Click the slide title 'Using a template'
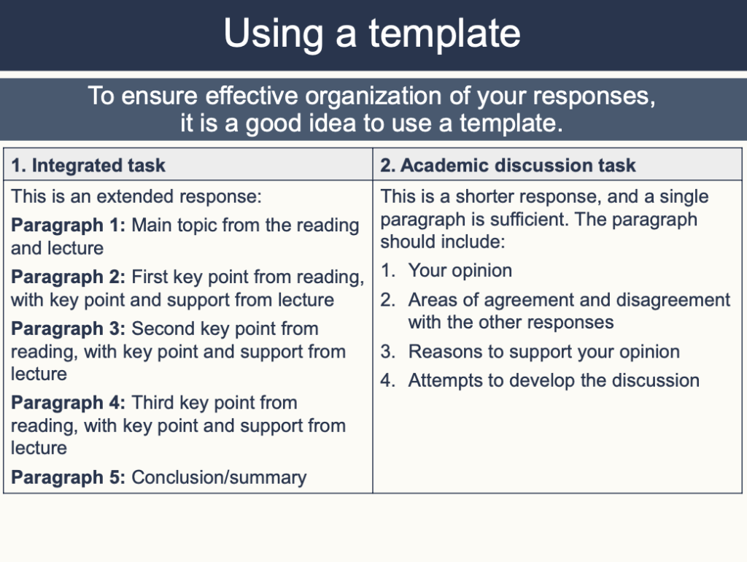[372, 34]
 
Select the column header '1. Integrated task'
[88, 166]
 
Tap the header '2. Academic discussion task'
[508, 166]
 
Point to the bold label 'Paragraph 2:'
[69, 277]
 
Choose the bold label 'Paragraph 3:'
[69, 328]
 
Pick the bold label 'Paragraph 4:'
[69, 403]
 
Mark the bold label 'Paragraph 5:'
[69, 477]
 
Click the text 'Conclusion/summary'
[219, 477]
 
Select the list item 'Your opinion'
[460, 271]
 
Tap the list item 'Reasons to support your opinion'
[543, 352]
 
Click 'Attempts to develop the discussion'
[554, 381]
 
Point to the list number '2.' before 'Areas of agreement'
[388, 300]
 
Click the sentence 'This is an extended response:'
[136, 196]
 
